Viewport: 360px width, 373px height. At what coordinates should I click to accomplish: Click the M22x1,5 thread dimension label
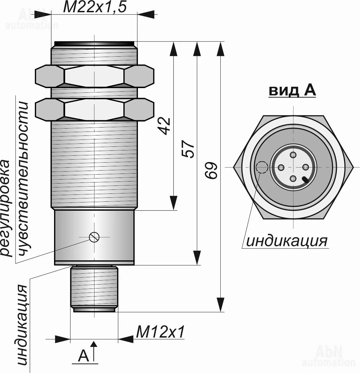(94, 7)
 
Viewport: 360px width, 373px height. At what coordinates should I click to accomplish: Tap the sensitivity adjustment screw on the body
(94, 237)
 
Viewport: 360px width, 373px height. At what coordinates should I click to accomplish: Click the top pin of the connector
(293, 155)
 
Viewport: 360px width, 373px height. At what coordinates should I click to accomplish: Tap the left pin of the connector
(281, 167)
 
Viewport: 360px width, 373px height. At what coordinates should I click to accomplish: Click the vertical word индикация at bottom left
(22, 325)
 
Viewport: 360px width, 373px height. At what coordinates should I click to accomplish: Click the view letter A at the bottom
(83, 356)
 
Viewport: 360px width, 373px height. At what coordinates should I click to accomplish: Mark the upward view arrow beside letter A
(94, 351)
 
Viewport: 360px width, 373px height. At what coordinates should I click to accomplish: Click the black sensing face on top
(94, 43)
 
